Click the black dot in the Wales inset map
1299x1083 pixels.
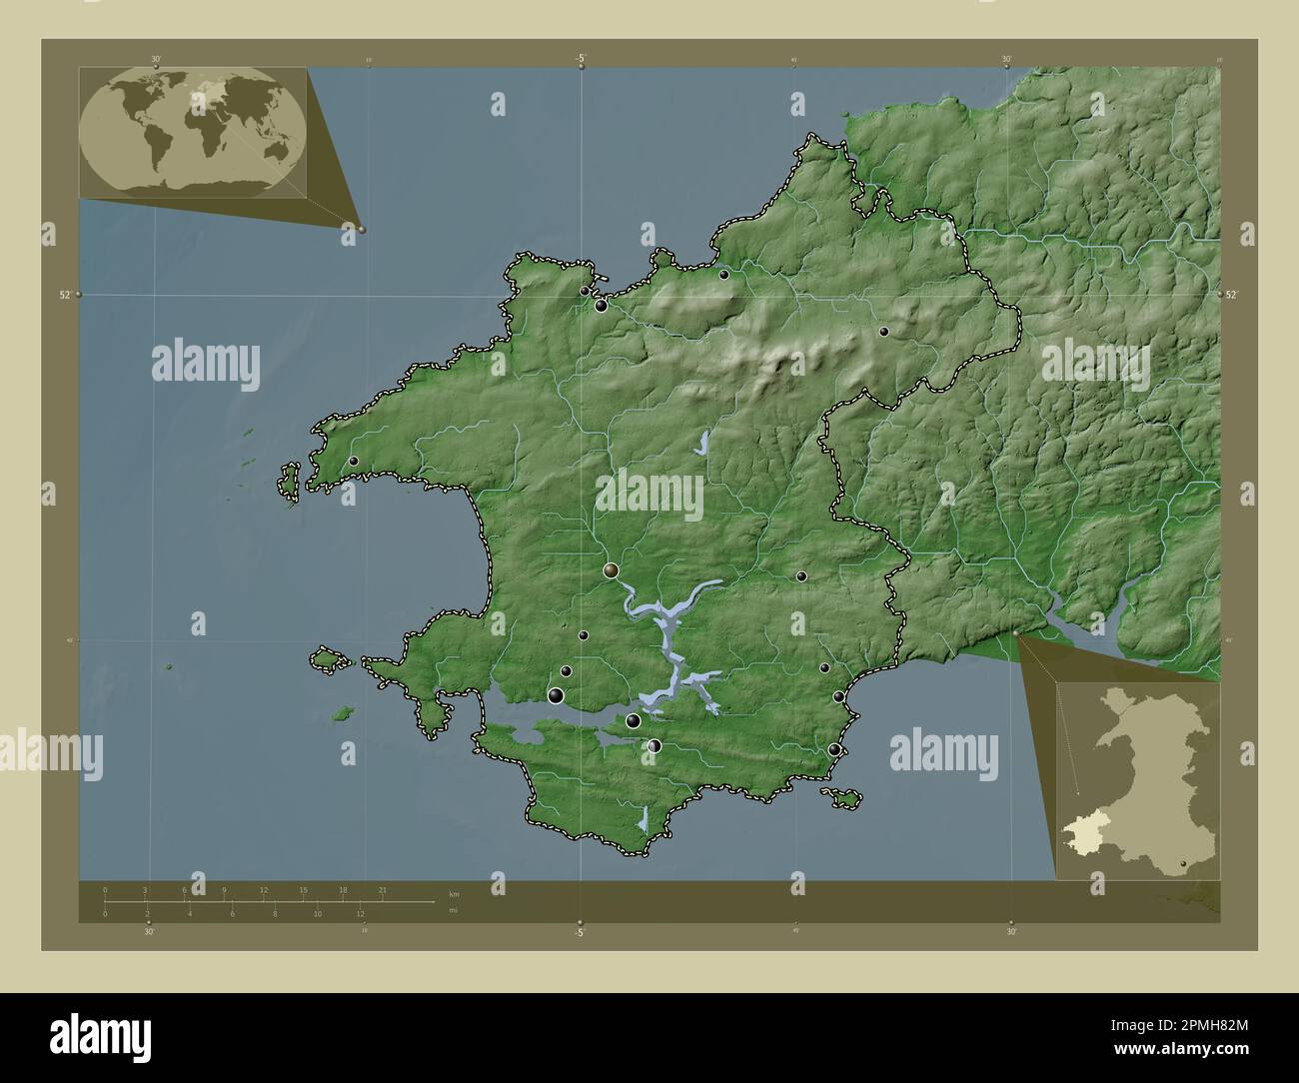1183,864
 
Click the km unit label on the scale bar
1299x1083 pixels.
454,893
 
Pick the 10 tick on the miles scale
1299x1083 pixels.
318,913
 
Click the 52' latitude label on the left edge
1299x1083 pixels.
65,295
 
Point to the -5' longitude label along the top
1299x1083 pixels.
581,58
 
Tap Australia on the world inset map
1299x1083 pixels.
264,156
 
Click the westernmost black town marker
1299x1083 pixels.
354,461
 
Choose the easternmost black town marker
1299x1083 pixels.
884,331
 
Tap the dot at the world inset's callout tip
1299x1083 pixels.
362,229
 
